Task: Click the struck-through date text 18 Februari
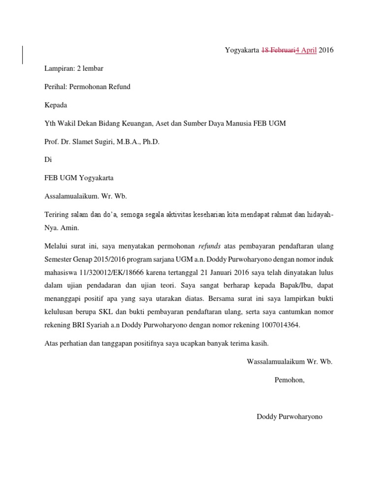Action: [x=278, y=50]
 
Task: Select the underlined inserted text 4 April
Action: [x=306, y=50]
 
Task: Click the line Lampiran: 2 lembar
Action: [x=74, y=68]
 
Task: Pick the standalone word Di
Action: [x=48, y=160]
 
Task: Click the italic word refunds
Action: [x=210, y=246]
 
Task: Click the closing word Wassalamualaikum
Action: [x=276, y=361]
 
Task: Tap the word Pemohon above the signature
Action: [x=289, y=379]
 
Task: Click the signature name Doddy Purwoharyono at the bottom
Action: [x=289, y=416]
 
